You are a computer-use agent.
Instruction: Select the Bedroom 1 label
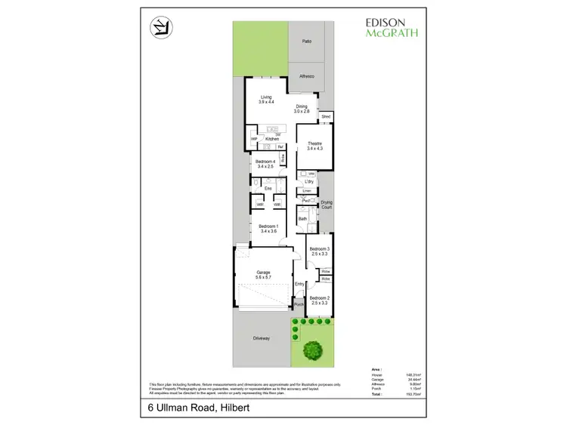coord(268,229)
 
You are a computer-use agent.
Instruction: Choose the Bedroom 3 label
coord(319,251)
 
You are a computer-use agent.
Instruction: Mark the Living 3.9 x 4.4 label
coord(266,99)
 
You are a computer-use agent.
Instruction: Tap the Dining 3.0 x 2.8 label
coord(302,109)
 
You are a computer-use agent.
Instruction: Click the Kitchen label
coord(272,139)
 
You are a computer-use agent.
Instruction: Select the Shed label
coord(326,117)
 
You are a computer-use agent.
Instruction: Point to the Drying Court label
coord(327,204)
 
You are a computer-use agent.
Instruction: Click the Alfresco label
coord(307,75)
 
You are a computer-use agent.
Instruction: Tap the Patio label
coord(307,42)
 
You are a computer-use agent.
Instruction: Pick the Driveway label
coord(261,338)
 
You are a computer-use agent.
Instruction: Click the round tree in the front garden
coord(311,350)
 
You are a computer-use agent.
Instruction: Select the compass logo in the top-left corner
coord(158,28)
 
